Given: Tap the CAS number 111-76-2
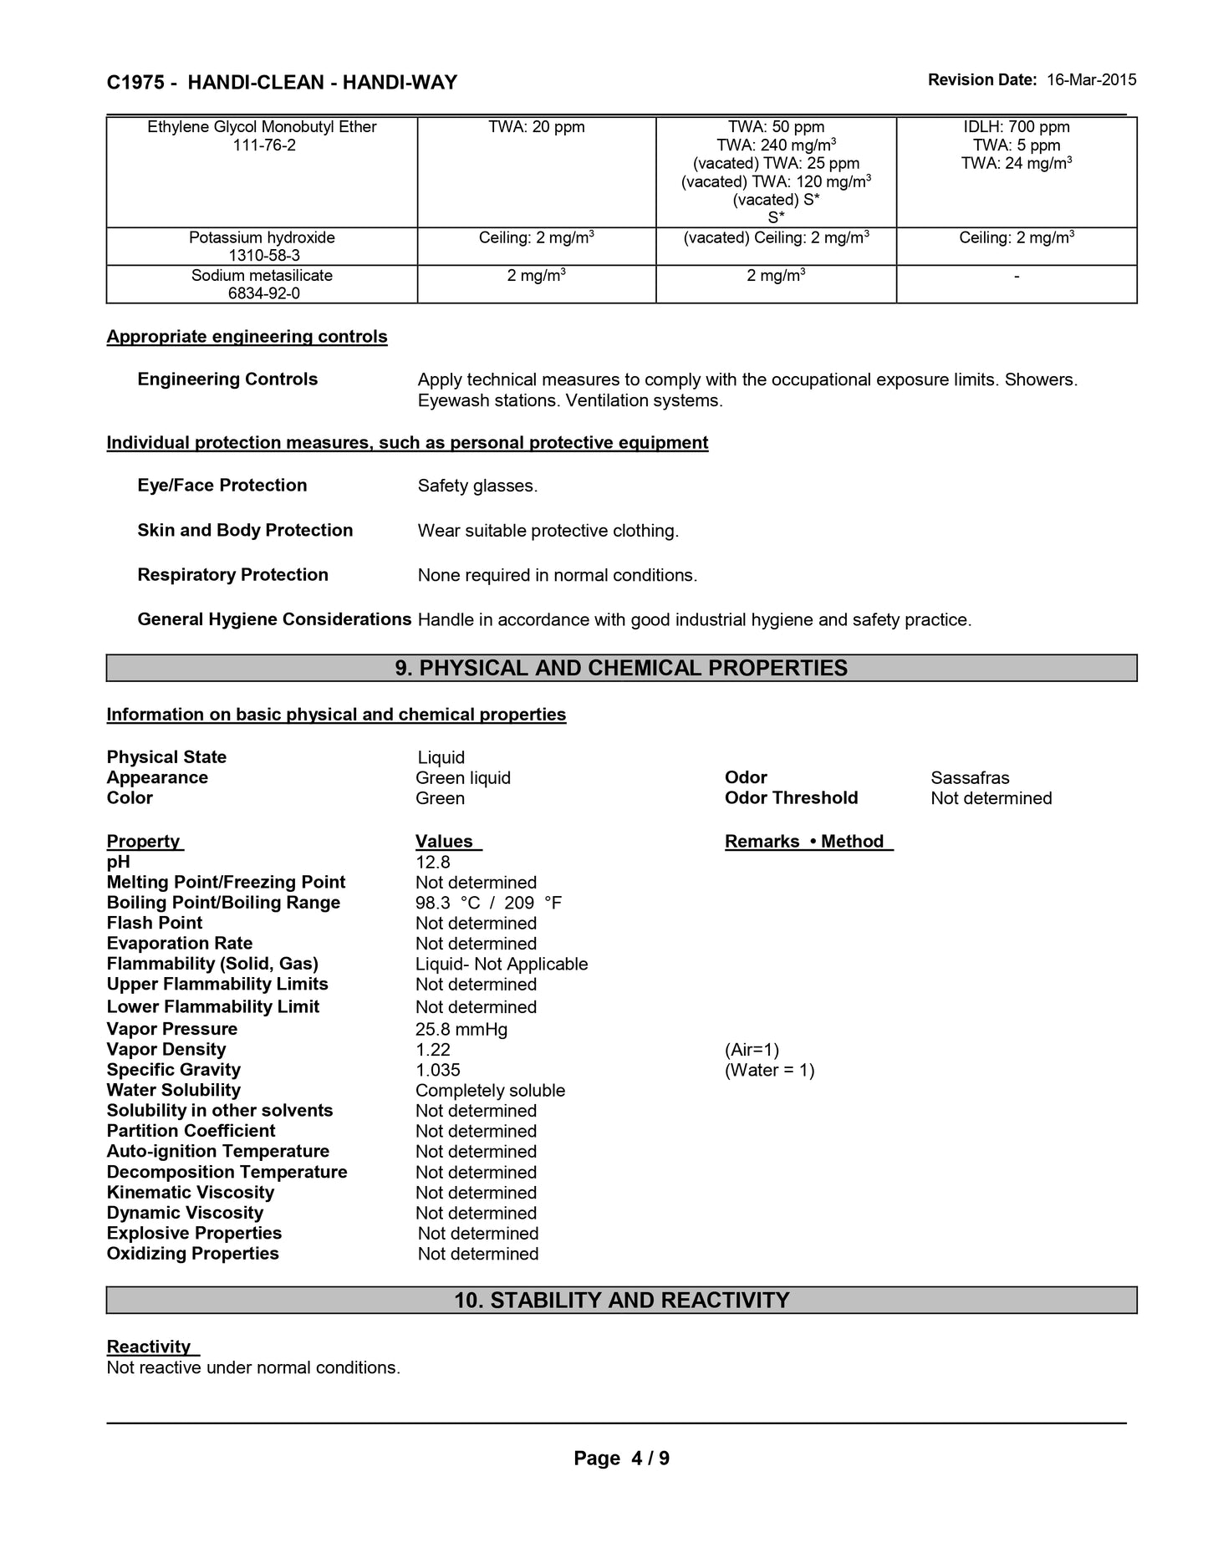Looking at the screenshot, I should tap(262, 145).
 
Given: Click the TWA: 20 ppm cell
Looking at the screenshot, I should tap(537, 127).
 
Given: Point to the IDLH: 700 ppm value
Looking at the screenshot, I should tap(1017, 127).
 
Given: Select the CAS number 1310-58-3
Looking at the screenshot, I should tap(262, 256).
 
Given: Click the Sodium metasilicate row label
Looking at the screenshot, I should tap(262, 275).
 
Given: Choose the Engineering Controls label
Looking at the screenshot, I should tap(227, 379).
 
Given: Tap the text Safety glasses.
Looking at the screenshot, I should tap(477, 486).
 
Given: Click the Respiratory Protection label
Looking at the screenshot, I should tap(232, 575).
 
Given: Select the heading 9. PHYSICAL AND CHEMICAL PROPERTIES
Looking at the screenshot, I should tap(621, 668).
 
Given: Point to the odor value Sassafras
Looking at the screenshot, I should tap(970, 778).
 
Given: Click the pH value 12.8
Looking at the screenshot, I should tap(433, 863).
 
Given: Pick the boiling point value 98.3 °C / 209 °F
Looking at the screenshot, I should tap(488, 903).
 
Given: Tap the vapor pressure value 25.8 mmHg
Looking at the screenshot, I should tap(461, 1029).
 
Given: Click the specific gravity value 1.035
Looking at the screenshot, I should tap(438, 1070).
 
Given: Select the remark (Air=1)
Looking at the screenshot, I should tap(752, 1050).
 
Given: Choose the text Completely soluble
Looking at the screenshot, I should tap(490, 1091).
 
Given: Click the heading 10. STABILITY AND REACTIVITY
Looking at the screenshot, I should tap(621, 1300).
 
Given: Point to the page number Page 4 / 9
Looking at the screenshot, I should tap(621, 1459).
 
